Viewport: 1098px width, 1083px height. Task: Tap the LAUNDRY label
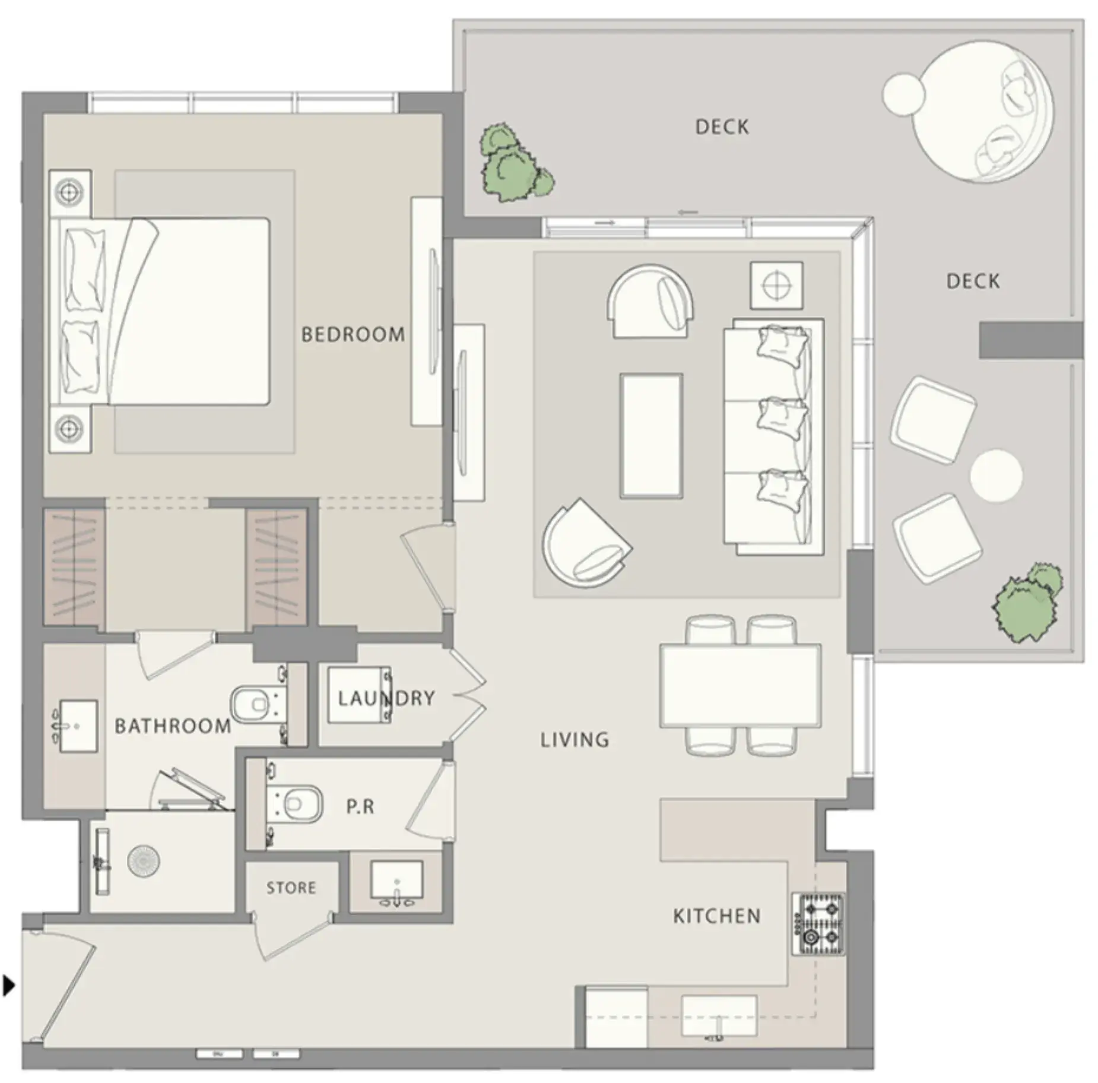tap(386, 698)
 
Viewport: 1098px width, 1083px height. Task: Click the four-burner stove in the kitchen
tap(817, 924)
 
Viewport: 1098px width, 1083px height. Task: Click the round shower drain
tap(144, 863)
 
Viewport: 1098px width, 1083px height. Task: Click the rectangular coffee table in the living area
tap(650, 435)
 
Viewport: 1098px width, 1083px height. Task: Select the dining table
tap(740, 685)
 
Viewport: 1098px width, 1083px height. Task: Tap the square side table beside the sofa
tap(776, 285)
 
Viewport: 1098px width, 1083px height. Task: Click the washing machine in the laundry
tap(360, 695)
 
